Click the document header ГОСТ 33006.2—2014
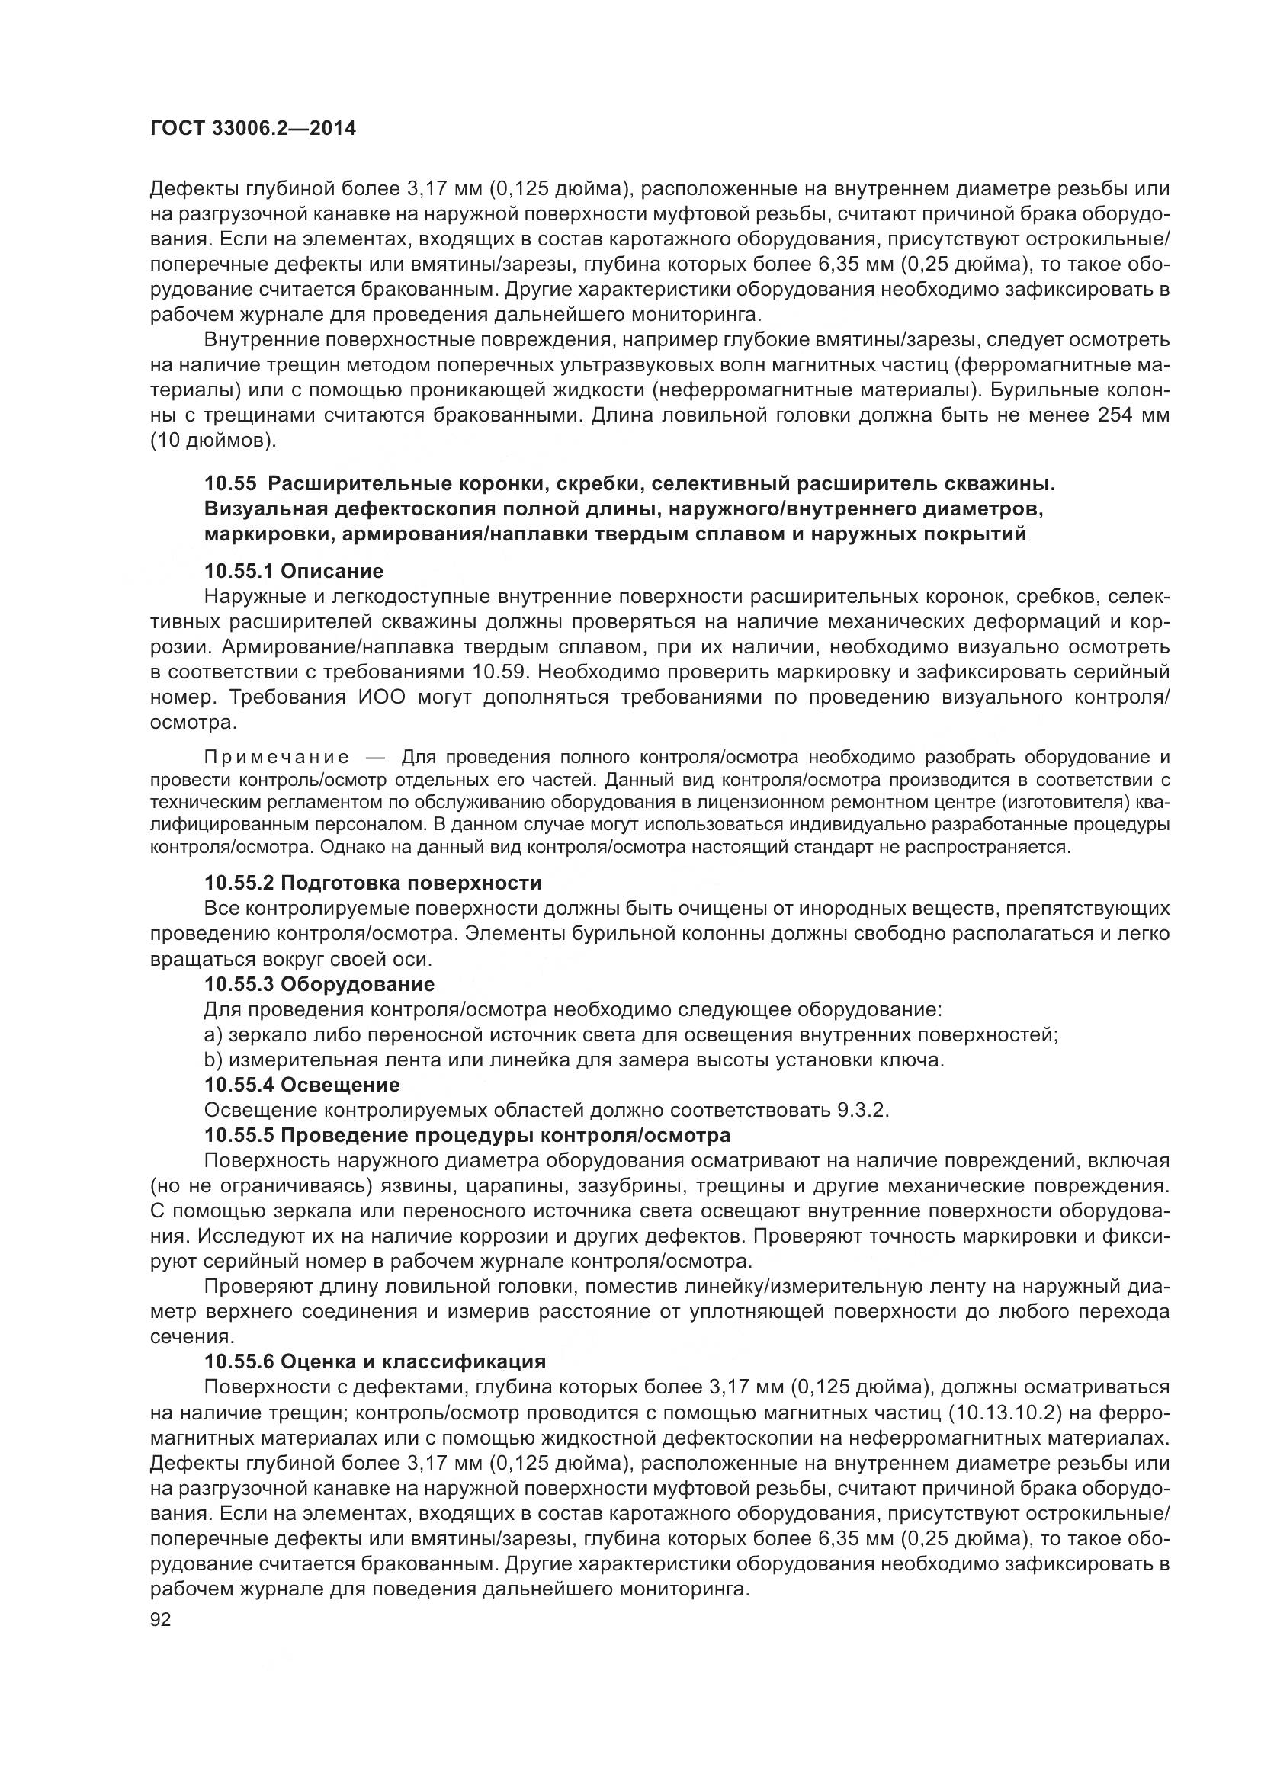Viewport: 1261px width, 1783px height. [252, 128]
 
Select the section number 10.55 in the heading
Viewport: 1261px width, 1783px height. [229, 484]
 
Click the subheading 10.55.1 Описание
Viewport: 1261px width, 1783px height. [294, 572]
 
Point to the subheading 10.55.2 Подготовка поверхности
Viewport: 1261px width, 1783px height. [373, 883]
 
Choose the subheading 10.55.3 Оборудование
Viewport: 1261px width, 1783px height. [319, 984]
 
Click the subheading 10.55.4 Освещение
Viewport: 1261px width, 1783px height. [302, 1085]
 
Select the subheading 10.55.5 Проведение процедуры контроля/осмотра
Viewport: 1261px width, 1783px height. [467, 1135]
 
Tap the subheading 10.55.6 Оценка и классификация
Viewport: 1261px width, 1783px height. [375, 1361]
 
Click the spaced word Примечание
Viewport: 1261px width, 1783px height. [276, 757]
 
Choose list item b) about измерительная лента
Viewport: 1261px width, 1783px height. [574, 1060]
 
